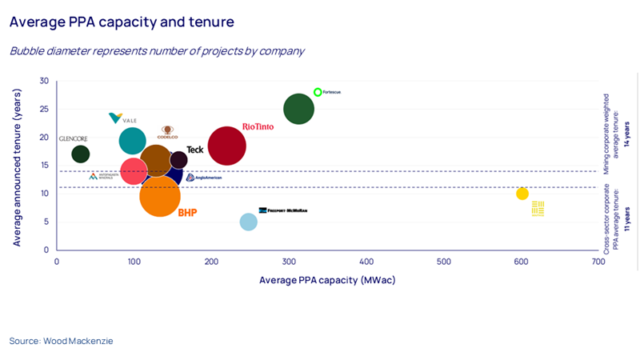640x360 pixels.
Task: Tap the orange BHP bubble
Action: point(160,196)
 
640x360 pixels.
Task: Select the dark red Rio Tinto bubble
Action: point(226,146)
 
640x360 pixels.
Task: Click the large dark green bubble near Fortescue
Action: point(298,109)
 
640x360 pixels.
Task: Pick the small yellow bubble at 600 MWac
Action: point(522,194)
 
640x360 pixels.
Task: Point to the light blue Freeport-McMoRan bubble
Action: point(249,222)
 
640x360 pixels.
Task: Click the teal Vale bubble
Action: point(132,141)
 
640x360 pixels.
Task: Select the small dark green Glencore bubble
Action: point(81,154)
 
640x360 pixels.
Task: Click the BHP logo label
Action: point(187,213)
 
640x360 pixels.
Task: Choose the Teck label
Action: point(194,150)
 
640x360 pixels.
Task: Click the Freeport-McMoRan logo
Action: point(282,210)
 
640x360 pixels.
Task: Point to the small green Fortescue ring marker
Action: point(318,92)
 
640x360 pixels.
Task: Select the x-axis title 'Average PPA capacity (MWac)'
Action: point(327,280)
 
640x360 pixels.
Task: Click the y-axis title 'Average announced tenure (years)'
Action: point(17,165)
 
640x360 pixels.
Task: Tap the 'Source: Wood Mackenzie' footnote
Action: point(62,341)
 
